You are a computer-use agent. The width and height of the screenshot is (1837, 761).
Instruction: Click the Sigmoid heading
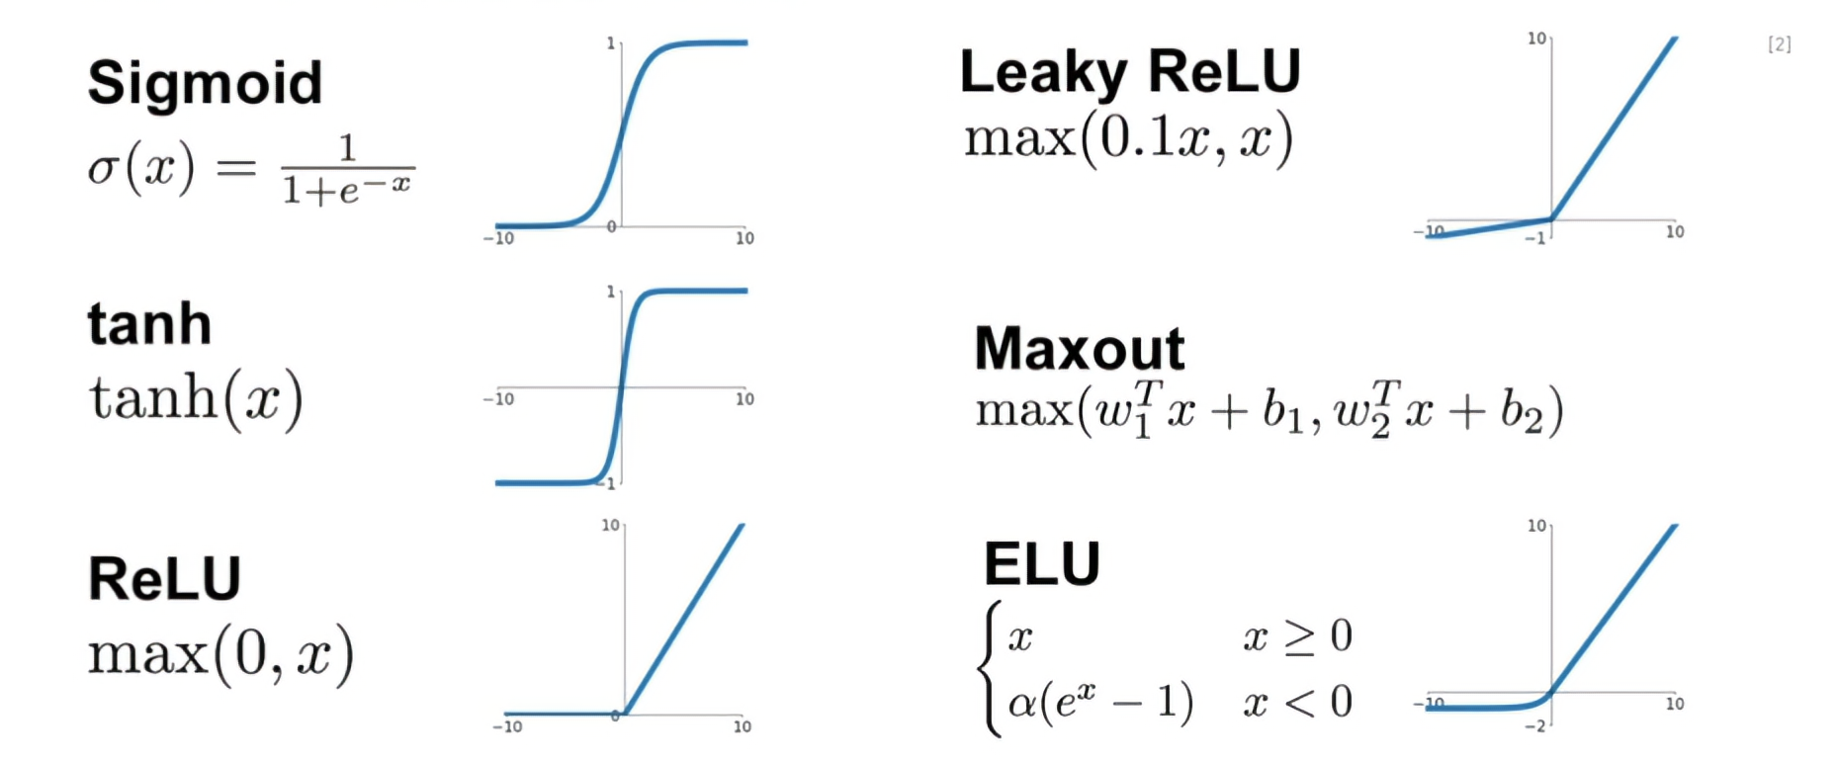pyautogui.click(x=205, y=83)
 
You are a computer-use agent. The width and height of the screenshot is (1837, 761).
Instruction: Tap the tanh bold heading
pyautogui.click(x=149, y=324)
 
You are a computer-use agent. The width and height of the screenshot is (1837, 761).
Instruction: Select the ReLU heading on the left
pyautogui.click(x=164, y=579)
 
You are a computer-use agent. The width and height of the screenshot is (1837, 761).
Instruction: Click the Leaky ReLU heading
pyautogui.click(x=1129, y=72)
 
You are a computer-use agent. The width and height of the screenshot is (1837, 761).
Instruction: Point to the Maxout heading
pyautogui.click(x=1079, y=349)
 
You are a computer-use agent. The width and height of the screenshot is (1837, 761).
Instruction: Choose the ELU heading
pyautogui.click(x=1041, y=564)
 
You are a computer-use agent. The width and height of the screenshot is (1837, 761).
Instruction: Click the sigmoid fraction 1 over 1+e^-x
pyautogui.click(x=347, y=170)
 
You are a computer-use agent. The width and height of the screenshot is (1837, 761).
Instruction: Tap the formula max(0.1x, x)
pyautogui.click(x=1128, y=138)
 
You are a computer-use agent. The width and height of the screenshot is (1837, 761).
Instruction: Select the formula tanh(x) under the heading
pyautogui.click(x=196, y=399)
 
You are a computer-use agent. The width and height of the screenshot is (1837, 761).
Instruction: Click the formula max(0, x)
pyautogui.click(x=220, y=654)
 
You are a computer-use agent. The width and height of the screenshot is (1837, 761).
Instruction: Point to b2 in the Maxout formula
pyautogui.click(x=1522, y=412)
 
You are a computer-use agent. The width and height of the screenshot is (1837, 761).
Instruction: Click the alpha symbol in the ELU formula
pyautogui.click(x=1021, y=703)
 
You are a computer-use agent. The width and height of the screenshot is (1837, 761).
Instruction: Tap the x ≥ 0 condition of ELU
pyautogui.click(x=1297, y=636)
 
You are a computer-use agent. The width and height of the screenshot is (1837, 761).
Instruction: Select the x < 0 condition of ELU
pyautogui.click(x=1297, y=703)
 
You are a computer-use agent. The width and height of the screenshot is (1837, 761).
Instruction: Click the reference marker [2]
pyautogui.click(x=1779, y=44)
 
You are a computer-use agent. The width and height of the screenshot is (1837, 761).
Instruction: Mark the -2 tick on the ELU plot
pyautogui.click(x=1534, y=726)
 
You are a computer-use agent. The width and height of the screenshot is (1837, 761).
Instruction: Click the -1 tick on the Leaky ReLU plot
pyautogui.click(x=1534, y=238)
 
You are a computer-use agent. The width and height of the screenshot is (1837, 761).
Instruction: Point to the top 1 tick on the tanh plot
pyautogui.click(x=611, y=292)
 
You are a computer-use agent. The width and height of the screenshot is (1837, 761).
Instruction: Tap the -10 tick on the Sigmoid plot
pyautogui.click(x=498, y=238)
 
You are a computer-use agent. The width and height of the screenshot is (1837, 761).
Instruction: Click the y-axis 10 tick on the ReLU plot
pyautogui.click(x=611, y=525)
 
